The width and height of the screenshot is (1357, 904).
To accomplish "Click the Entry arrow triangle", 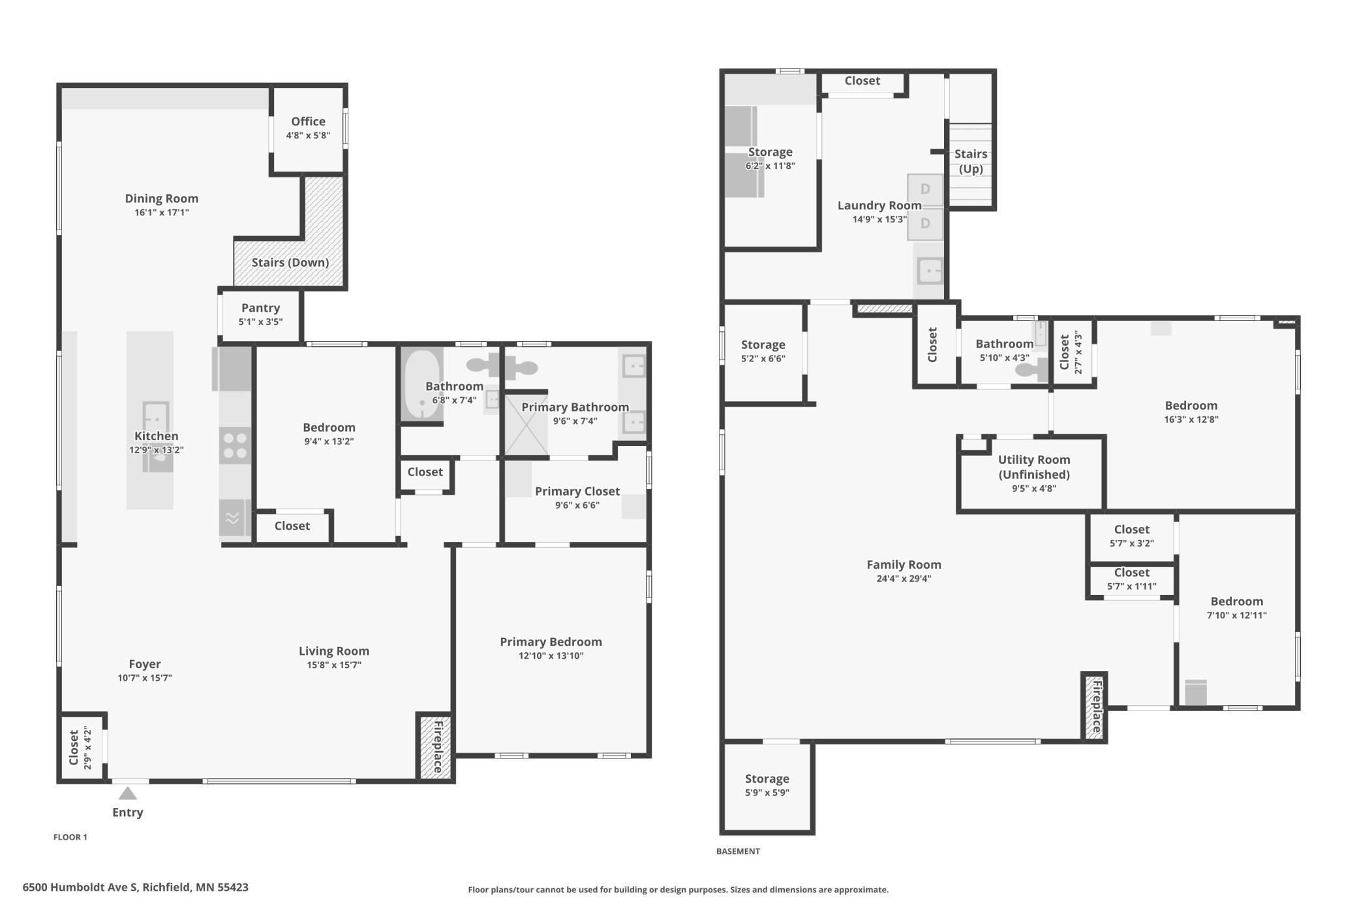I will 128,793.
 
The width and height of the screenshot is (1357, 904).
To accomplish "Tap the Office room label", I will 308,121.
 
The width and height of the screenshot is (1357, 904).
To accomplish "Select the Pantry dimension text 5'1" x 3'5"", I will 260,322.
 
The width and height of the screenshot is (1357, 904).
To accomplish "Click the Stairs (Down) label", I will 290,262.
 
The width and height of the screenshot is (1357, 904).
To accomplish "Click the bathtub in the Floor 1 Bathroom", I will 421,384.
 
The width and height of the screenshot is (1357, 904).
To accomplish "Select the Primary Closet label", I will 577,491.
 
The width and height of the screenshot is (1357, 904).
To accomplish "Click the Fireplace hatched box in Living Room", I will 435,747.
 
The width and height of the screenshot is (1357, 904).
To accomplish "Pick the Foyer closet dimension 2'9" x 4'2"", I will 87,748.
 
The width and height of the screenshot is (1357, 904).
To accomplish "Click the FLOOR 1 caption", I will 70,837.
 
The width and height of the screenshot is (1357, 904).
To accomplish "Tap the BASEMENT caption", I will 738,851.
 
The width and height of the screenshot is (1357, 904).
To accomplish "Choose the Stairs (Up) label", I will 970,161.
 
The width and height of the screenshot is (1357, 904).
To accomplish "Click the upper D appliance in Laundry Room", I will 925,190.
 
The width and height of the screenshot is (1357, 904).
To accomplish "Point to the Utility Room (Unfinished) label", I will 1033,467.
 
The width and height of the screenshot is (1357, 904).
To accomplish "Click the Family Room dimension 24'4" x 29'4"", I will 904,579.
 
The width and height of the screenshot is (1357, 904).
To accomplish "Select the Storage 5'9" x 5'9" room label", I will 767,779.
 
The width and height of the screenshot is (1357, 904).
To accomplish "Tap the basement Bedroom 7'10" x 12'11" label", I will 1236,601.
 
